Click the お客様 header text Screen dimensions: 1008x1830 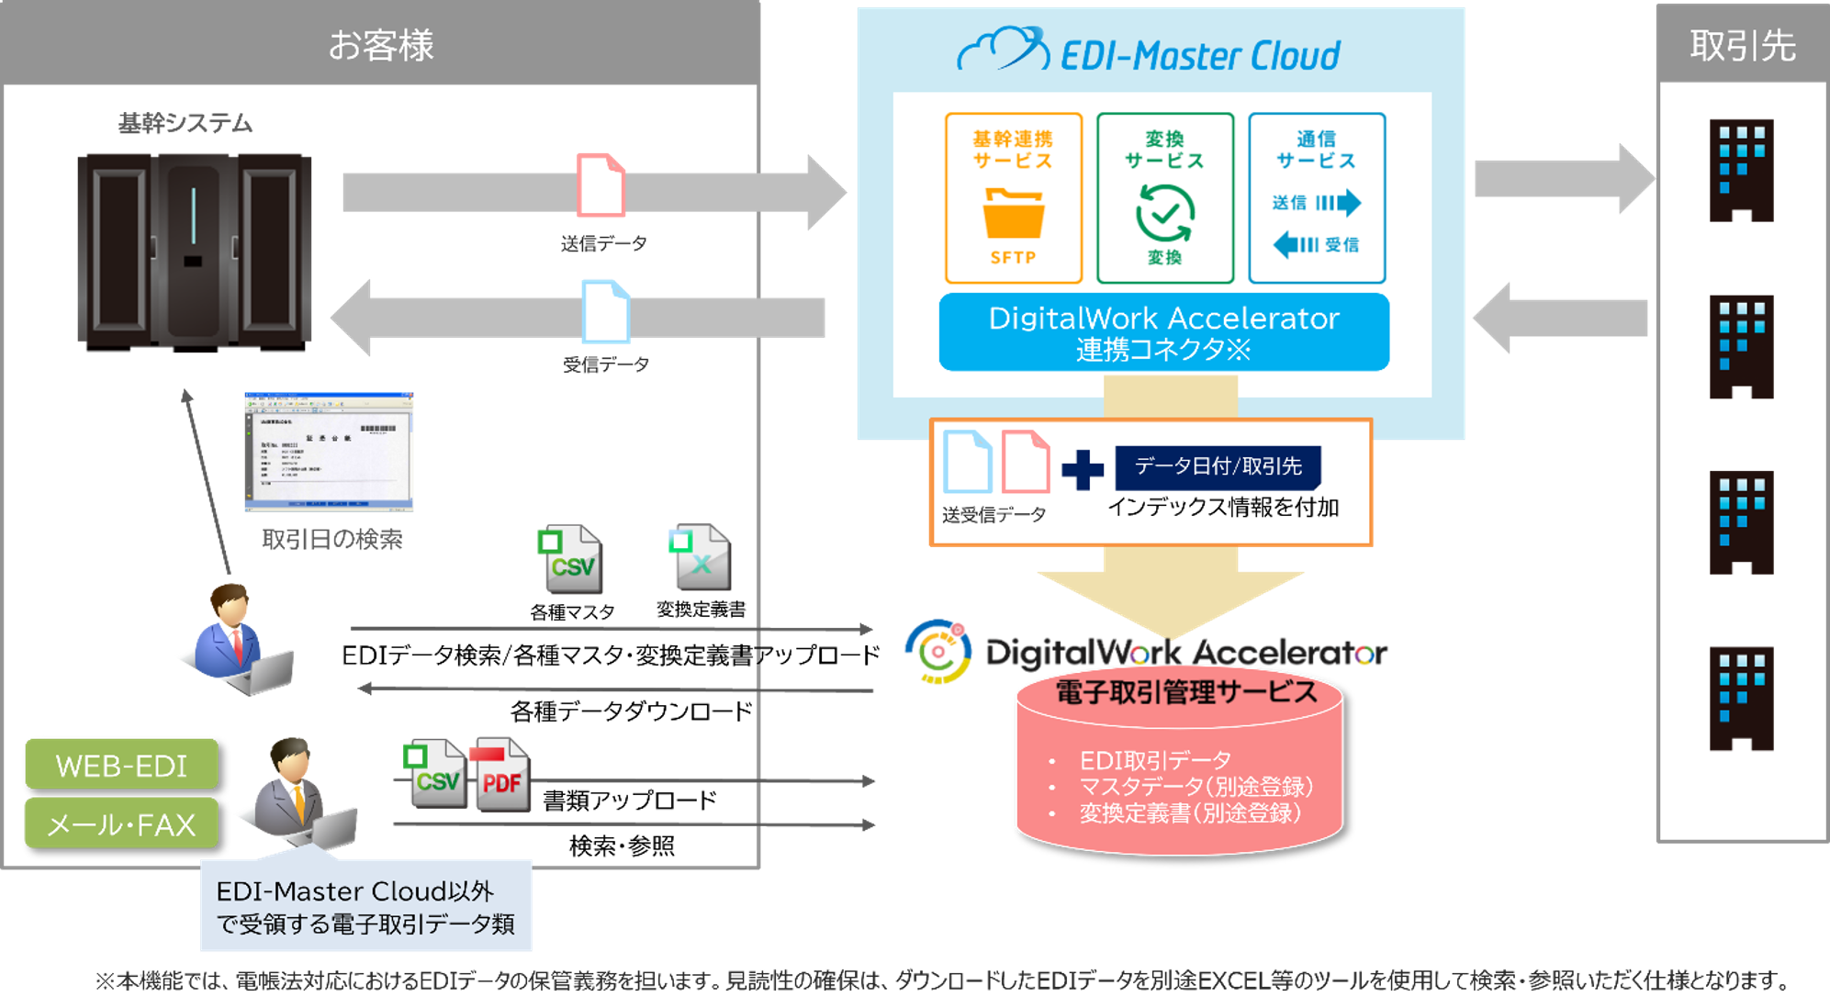pos(380,45)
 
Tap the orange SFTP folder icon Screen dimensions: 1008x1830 pos(1013,213)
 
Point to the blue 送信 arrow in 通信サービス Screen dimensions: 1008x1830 pos(1338,202)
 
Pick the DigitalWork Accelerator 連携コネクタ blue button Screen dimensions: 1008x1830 pos(1163,332)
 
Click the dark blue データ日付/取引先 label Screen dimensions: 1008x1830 pos(1218,467)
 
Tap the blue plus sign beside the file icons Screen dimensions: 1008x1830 pos(1083,470)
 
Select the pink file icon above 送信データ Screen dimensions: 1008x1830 pos(601,185)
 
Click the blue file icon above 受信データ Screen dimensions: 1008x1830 pos(606,311)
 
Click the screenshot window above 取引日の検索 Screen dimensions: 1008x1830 pos(329,452)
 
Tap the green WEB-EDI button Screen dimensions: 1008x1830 pos(121,764)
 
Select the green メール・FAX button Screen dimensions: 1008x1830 pos(121,823)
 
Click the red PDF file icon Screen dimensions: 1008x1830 pos(500,774)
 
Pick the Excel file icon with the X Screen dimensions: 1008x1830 pos(701,556)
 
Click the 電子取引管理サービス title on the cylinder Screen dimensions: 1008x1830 pos(1185,692)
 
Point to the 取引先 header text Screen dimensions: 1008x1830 pos(1742,45)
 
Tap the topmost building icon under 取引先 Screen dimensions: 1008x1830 pos(1740,171)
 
